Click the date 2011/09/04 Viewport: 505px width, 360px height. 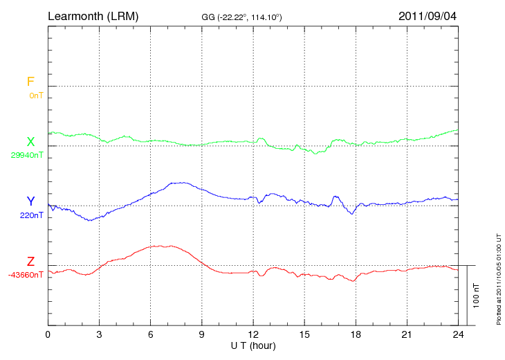point(427,15)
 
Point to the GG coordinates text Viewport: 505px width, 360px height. point(241,16)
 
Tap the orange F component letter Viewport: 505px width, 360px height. point(30,82)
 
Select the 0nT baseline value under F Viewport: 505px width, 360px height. point(36,96)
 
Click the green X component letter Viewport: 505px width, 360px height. point(30,142)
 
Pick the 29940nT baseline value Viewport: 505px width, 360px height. point(27,155)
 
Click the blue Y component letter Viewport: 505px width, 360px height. point(30,201)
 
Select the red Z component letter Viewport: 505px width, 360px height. point(30,262)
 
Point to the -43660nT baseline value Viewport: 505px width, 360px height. point(26,275)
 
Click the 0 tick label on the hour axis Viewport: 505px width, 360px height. point(48,334)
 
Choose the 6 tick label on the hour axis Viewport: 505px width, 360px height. point(151,334)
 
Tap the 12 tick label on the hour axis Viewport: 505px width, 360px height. point(253,334)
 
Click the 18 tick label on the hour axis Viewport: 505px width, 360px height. point(356,334)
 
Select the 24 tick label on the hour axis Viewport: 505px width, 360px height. point(458,334)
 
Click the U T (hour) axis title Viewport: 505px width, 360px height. point(253,345)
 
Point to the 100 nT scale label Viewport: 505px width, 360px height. point(477,296)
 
